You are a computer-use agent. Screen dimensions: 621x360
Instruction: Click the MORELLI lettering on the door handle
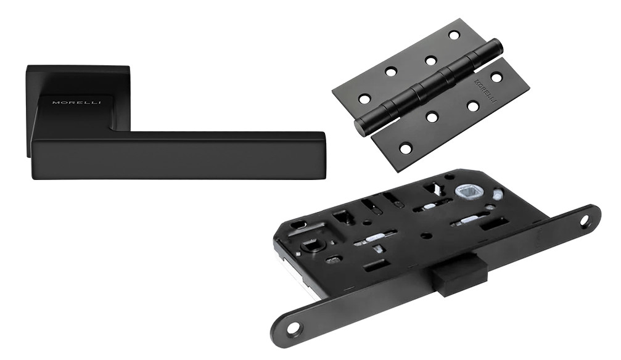pos(77,102)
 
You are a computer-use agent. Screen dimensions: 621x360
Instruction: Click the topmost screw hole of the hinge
pos(453,35)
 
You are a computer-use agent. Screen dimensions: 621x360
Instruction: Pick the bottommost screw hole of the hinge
pos(405,149)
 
